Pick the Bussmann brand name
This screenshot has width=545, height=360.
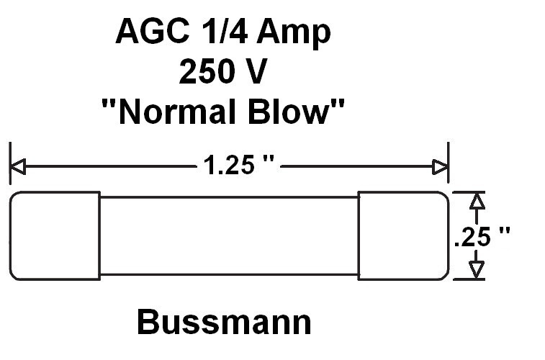(x=224, y=323)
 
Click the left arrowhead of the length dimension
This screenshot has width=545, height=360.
(x=17, y=168)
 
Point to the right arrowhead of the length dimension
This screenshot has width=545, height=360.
(x=440, y=168)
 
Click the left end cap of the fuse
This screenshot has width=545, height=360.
(x=55, y=235)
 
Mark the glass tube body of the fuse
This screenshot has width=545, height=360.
(x=228, y=235)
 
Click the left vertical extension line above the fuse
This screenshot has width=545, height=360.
(x=10, y=162)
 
